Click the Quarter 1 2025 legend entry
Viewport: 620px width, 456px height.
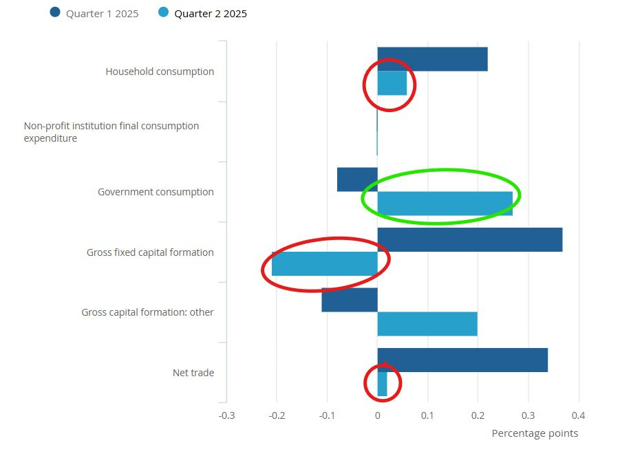coord(95,13)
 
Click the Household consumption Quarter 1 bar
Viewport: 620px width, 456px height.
coord(432,59)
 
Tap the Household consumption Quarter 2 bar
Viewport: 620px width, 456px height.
coord(392,83)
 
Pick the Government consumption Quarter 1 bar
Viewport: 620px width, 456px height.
coord(357,180)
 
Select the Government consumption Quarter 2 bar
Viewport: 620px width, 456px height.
coord(445,204)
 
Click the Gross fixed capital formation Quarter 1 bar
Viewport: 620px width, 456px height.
coord(469,239)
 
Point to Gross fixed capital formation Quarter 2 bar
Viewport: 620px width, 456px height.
coord(324,263)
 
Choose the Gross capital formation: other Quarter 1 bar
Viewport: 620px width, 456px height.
coord(349,300)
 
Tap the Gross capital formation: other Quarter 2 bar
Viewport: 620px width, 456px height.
coord(427,324)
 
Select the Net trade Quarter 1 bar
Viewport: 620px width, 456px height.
coord(462,360)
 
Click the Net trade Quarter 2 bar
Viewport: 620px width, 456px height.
coord(382,384)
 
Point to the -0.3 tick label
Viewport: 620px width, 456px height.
coord(226,415)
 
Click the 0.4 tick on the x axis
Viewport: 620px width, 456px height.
coord(579,415)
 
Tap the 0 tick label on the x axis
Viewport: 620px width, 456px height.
coord(377,415)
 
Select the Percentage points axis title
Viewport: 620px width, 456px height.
coord(535,433)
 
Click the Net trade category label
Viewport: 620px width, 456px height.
coord(193,373)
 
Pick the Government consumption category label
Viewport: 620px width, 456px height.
coord(156,192)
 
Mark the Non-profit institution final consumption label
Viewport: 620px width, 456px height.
coord(111,132)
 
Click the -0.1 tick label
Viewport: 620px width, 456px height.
coord(327,415)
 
